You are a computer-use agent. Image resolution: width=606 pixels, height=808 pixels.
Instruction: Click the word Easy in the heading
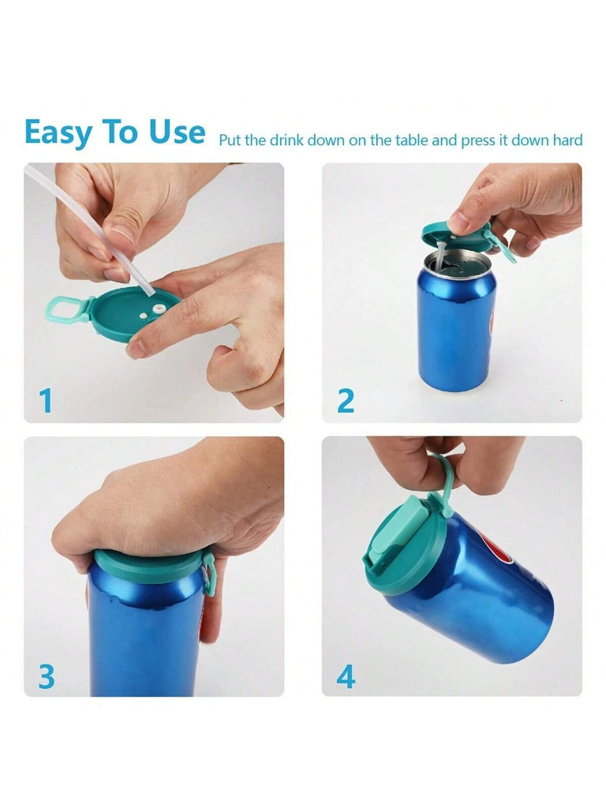click(58, 133)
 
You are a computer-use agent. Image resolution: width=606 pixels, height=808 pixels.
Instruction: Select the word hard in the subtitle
click(567, 140)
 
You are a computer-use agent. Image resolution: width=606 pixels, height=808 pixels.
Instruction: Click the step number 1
click(46, 400)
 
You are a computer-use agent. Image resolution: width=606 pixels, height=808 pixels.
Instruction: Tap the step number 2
click(346, 400)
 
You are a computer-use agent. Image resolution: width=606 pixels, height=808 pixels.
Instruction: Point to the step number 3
click(47, 676)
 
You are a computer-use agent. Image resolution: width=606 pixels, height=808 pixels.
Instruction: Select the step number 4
click(346, 676)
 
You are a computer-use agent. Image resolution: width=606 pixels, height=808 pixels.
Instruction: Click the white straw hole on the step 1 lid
click(158, 309)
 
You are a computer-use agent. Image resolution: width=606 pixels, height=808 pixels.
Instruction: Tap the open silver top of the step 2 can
click(456, 262)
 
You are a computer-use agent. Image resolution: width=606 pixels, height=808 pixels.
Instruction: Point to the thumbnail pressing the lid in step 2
click(461, 223)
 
